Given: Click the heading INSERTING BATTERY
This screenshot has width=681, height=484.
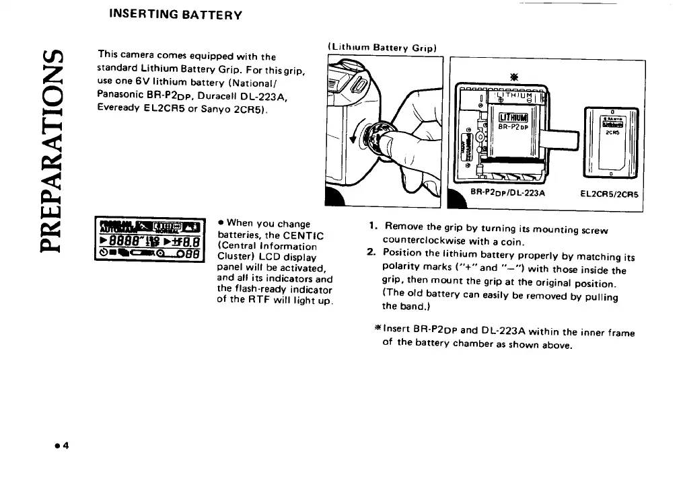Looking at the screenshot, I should coord(170,13).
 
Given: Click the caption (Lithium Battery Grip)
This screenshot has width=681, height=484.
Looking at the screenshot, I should coord(382,48).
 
